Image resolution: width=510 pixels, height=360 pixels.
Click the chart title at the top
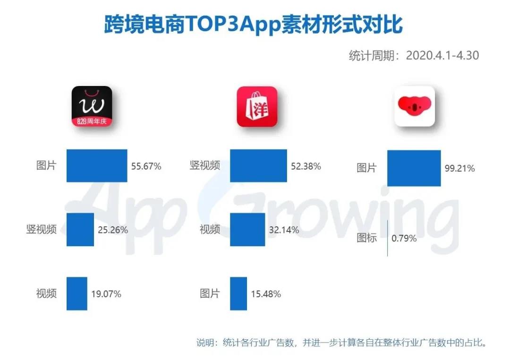coord(254,24)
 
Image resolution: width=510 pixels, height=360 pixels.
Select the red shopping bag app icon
coord(257,107)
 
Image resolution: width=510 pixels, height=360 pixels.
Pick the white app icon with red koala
coord(415,106)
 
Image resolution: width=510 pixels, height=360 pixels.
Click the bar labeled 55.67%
coord(97,166)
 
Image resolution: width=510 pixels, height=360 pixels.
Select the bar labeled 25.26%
coord(80,230)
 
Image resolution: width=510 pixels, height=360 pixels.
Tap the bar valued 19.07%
coord(77,293)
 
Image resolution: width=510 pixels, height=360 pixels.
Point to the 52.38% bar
coord(258,166)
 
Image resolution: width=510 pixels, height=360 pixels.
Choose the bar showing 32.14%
coord(247,230)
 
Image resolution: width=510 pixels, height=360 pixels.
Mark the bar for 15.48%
coord(238,293)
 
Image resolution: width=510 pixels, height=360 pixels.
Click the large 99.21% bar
coord(414,168)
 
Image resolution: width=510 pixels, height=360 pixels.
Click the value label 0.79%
coord(404,239)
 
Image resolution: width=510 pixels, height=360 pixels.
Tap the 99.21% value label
coord(459,168)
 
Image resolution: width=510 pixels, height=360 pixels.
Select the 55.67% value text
coord(146,166)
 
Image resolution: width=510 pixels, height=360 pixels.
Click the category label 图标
coord(367,238)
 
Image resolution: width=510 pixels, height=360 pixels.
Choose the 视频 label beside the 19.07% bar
coord(46,293)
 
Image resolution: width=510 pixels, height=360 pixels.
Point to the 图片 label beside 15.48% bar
coord(210,293)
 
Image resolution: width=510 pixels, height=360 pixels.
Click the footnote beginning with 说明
coord(341,342)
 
